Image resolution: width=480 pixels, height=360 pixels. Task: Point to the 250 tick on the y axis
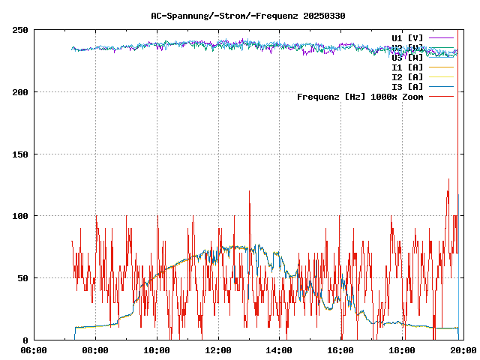click(x=19, y=30)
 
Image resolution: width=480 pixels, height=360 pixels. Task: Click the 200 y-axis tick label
click(x=19, y=92)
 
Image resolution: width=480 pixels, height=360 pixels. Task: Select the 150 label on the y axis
click(x=19, y=154)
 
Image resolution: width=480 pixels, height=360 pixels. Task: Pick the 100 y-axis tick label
click(x=19, y=216)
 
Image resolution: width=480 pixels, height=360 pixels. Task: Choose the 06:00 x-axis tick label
click(x=34, y=350)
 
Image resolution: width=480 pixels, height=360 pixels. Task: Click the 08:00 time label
click(x=95, y=350)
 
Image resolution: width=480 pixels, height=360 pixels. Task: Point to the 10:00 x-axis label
click(x=157, y=350)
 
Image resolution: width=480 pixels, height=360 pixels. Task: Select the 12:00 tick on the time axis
click(x=218, y=350)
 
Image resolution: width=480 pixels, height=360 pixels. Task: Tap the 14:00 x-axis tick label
click(x=280, y=350)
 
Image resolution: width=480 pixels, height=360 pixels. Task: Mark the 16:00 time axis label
click(x=341, y=350)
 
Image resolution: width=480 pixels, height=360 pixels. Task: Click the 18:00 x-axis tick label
click(x=403, y=350)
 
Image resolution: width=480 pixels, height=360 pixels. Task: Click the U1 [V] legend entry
click(x=407, y=37)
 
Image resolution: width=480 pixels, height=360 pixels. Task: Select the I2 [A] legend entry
click(x=407, y=76)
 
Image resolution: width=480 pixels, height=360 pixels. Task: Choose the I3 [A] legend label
click(x=407, y=86)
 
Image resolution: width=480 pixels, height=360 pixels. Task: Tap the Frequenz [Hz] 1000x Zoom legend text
click(x=360, y=96)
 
